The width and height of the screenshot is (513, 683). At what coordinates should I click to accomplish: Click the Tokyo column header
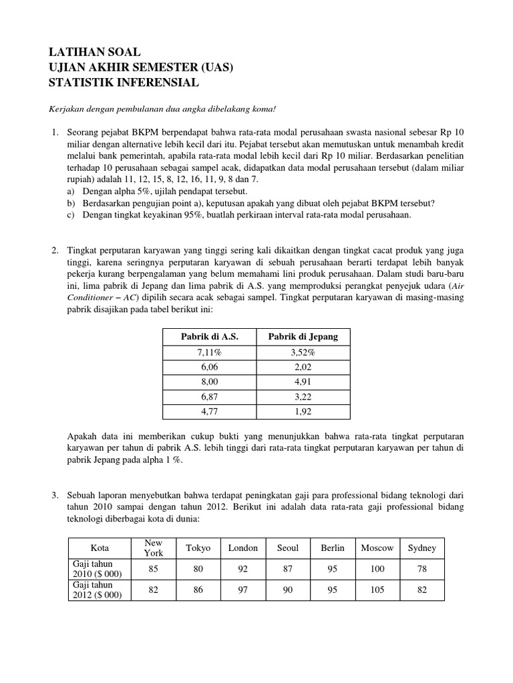(x=198, y=548)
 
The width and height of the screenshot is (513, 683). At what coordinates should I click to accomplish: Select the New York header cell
(x=154, y=548)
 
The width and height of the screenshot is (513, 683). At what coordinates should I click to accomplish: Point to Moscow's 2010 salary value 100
(x=377, y=569)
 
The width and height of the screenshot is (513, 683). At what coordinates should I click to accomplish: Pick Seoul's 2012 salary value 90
(x=288, y=590)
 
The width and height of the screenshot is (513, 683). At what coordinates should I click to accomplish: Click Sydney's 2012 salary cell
(x=422, y=590)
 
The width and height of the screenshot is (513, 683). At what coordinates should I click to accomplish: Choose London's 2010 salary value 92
(x=242, y=569)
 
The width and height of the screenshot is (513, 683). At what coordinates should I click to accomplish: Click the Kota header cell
(x=100, y=548)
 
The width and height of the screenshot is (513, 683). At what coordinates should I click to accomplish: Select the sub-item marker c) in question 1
(x=71, y=215)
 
